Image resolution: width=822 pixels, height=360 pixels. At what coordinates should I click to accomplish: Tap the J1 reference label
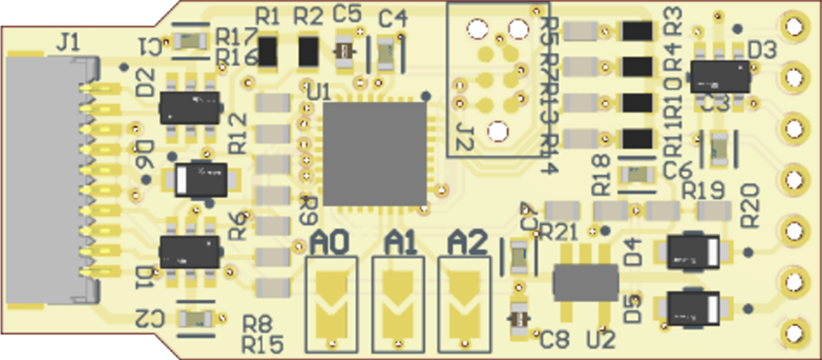[x=70, y=42]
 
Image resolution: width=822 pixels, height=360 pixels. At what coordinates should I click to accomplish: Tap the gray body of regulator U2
[x=584, y=282]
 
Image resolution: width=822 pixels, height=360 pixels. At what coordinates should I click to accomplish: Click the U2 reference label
[x=601, y=340]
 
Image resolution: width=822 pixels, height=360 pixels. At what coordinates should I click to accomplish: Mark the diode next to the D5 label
[x=696, y=309]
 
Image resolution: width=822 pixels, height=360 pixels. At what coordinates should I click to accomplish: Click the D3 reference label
[x=762, y=49]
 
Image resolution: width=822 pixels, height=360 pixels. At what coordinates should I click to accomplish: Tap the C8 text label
[x=554, y=339]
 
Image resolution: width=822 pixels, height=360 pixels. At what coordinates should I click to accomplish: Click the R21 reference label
[x=558, y=231]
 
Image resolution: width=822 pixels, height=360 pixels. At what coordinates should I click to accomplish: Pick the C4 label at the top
[x=393, y=16]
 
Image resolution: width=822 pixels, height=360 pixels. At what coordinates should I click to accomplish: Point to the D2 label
[x=146, y=83]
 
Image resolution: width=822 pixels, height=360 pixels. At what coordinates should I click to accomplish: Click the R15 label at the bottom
[x=262, y=344]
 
